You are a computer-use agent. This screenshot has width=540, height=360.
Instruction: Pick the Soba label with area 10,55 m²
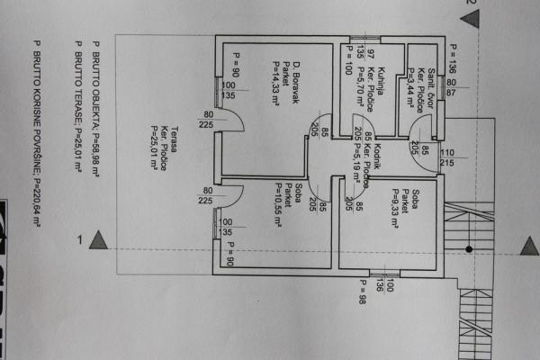(297, 197)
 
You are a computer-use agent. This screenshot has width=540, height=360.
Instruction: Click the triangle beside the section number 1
(101, 239)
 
